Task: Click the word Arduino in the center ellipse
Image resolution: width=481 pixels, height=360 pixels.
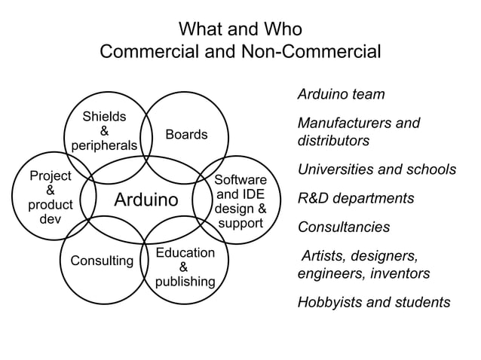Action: click(x=146, y=200)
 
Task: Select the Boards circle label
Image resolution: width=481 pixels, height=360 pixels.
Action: click(x=186, y=134)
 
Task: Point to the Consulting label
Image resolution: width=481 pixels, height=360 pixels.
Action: click(x=102, y=261)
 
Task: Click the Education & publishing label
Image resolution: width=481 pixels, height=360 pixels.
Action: click(x=185, y=267)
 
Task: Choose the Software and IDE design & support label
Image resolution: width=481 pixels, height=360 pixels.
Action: click(x=240, y=202)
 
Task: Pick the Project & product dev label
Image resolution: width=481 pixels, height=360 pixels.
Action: click(x=50, y=197)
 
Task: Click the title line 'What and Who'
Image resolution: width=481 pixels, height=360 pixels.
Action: click(x=240, y=29)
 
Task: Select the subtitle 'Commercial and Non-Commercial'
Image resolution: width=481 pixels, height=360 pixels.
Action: click(x=240, y=53)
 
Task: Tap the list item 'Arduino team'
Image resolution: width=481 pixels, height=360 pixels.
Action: click(x=341, y=95)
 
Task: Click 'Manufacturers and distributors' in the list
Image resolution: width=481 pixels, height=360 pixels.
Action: click(x=358, y=132)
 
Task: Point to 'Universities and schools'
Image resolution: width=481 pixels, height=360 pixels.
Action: click(x=377, y=169)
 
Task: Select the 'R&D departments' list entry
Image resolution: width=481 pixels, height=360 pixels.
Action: click(x=356, y=199)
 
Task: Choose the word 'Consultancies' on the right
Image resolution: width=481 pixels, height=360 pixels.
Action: click(x=344, y=227)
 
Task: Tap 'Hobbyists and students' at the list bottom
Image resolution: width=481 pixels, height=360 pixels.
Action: click(x=374, y=302)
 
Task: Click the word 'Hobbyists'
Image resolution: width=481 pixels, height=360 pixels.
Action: click(x=329, y=302)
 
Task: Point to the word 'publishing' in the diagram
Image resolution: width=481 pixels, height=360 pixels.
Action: click(x=185, y=281)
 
